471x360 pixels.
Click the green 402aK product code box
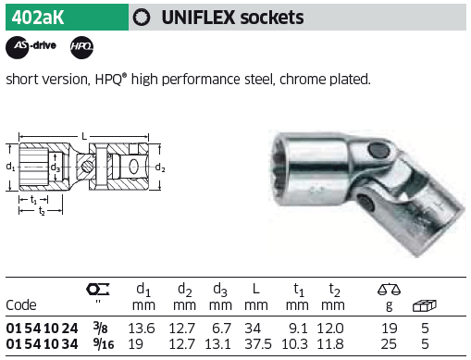tap(67, 17)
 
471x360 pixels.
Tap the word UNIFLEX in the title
tap(198, 18)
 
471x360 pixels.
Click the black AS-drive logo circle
tap(17, 47)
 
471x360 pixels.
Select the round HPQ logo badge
tap(81, 47)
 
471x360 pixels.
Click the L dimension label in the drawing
tap(84, 136)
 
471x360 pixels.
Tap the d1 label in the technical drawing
tap(10, 167)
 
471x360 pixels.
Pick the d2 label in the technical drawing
tap(160, 168)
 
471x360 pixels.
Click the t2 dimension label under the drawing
tap(42, 211)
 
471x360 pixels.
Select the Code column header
tap(21, 305)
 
